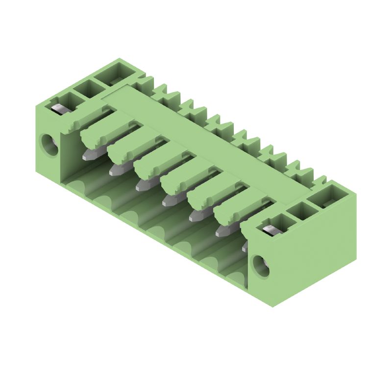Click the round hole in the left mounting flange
[x=49, y=145]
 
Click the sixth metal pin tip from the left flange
[x=222, y=230]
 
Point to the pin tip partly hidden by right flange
[x=245, y=248]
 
